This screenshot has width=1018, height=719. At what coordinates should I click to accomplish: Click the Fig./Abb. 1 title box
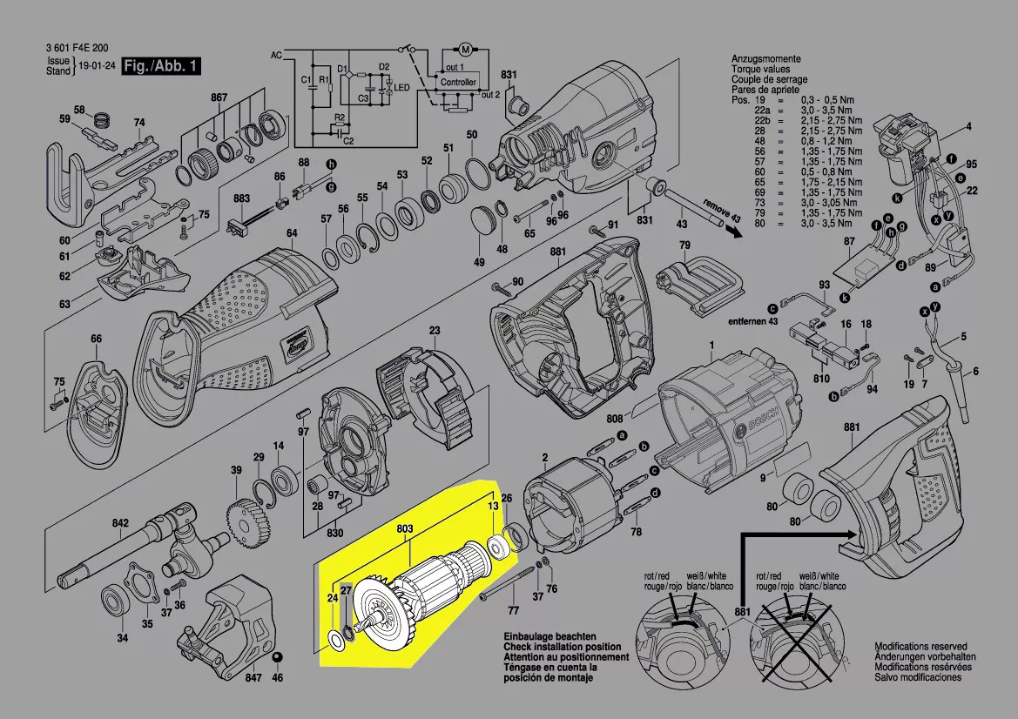point(162,67)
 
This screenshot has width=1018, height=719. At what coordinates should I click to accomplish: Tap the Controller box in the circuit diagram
point(458,82)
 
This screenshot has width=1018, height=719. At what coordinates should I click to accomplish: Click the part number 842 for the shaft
point(119,524)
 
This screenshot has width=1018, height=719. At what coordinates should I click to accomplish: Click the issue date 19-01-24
point(98,66)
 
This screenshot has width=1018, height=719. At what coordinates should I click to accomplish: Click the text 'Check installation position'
point(562,648)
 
